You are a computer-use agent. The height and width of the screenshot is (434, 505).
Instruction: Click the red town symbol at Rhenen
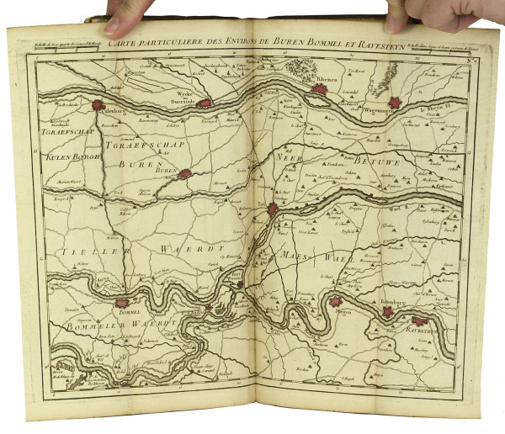point(320,89)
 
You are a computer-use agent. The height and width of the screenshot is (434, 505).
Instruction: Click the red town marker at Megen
point(336,302)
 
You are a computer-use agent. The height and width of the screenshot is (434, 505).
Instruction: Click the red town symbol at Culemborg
point(99,106)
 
